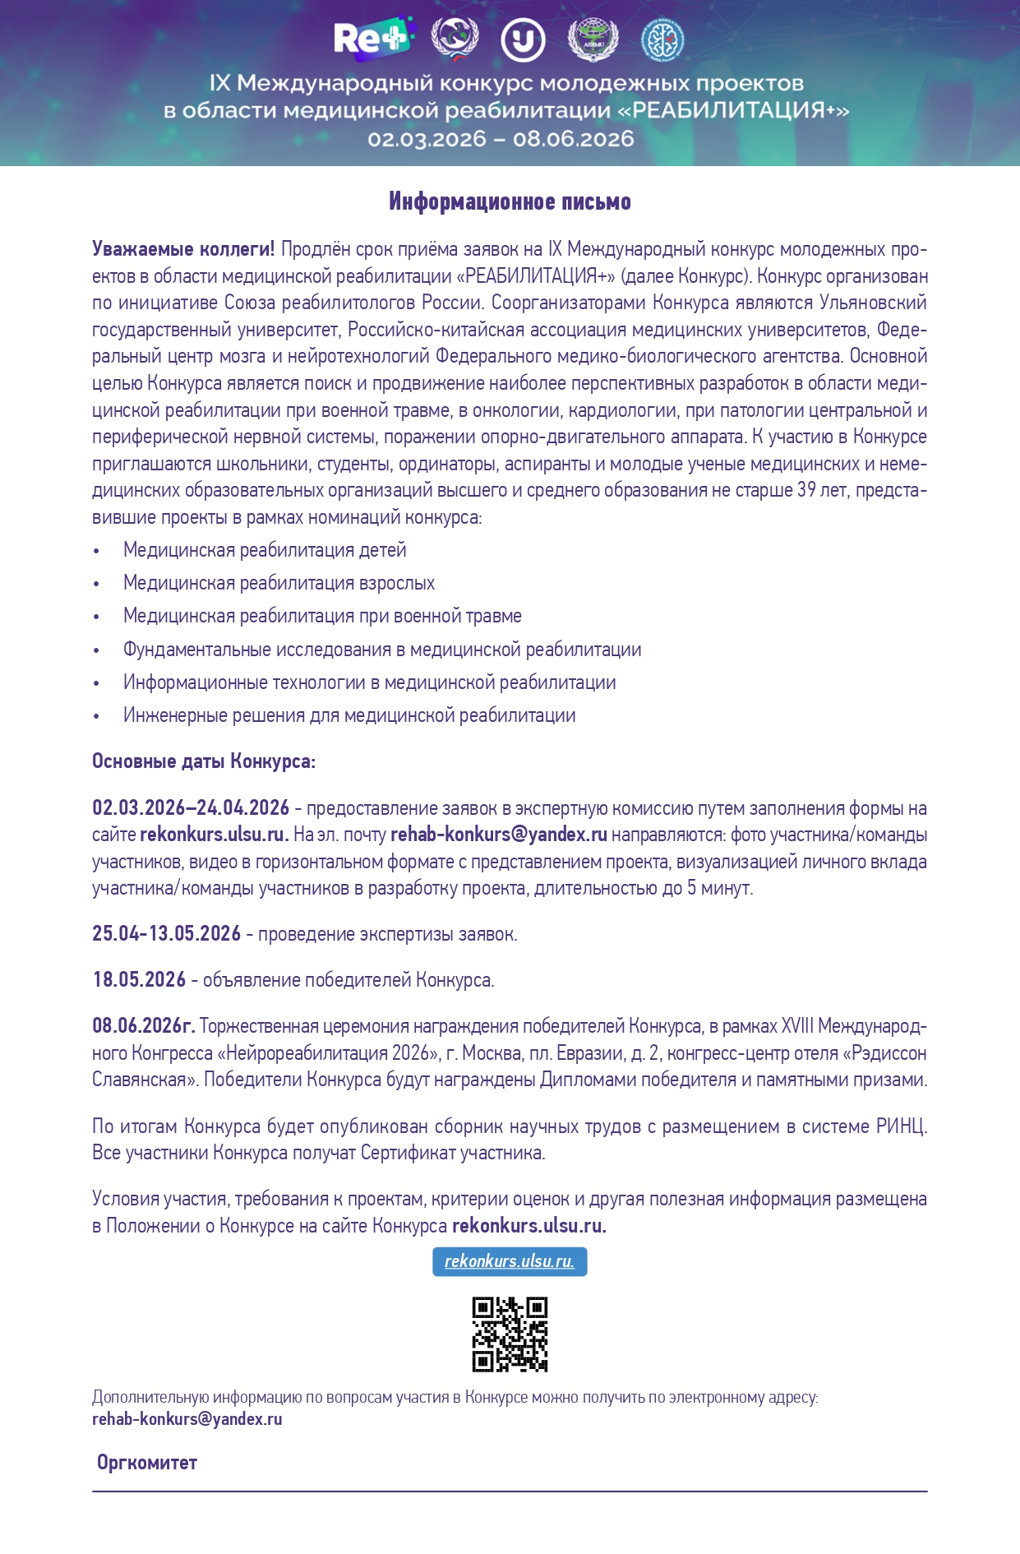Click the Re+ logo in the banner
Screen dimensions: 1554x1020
tap(371, 38)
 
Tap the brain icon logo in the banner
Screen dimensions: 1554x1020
tap(662, 39)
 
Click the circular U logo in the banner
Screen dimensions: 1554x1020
tap(523, 39)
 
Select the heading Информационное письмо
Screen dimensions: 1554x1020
tap(510, 201)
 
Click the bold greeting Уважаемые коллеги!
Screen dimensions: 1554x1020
tap(183, 249)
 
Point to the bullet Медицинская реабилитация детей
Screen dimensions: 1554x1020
tap(265, 550)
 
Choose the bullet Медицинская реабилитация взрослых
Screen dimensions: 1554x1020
tap(279, 583)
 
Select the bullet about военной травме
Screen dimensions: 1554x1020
tap(322, 616)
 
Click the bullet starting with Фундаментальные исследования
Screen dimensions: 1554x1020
tap(382, 650)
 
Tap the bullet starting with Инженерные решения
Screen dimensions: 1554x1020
tap(349, 715)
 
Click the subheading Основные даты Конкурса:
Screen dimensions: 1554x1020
tap(204, 761)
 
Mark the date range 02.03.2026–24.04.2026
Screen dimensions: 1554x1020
tap(191, 808)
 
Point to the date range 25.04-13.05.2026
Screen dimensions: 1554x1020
tap(166, 934)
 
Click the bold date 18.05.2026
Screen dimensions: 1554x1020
tap(139, 980)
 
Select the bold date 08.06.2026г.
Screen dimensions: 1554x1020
tap(143, 1026)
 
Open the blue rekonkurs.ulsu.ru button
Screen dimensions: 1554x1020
tap(510, 1261)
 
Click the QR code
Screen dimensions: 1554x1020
tap(510, 1334)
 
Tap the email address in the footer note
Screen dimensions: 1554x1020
tap(187, 1419)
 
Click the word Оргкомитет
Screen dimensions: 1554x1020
tap(147, 1463)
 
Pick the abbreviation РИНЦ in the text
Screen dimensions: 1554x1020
tap(901, 1126)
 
